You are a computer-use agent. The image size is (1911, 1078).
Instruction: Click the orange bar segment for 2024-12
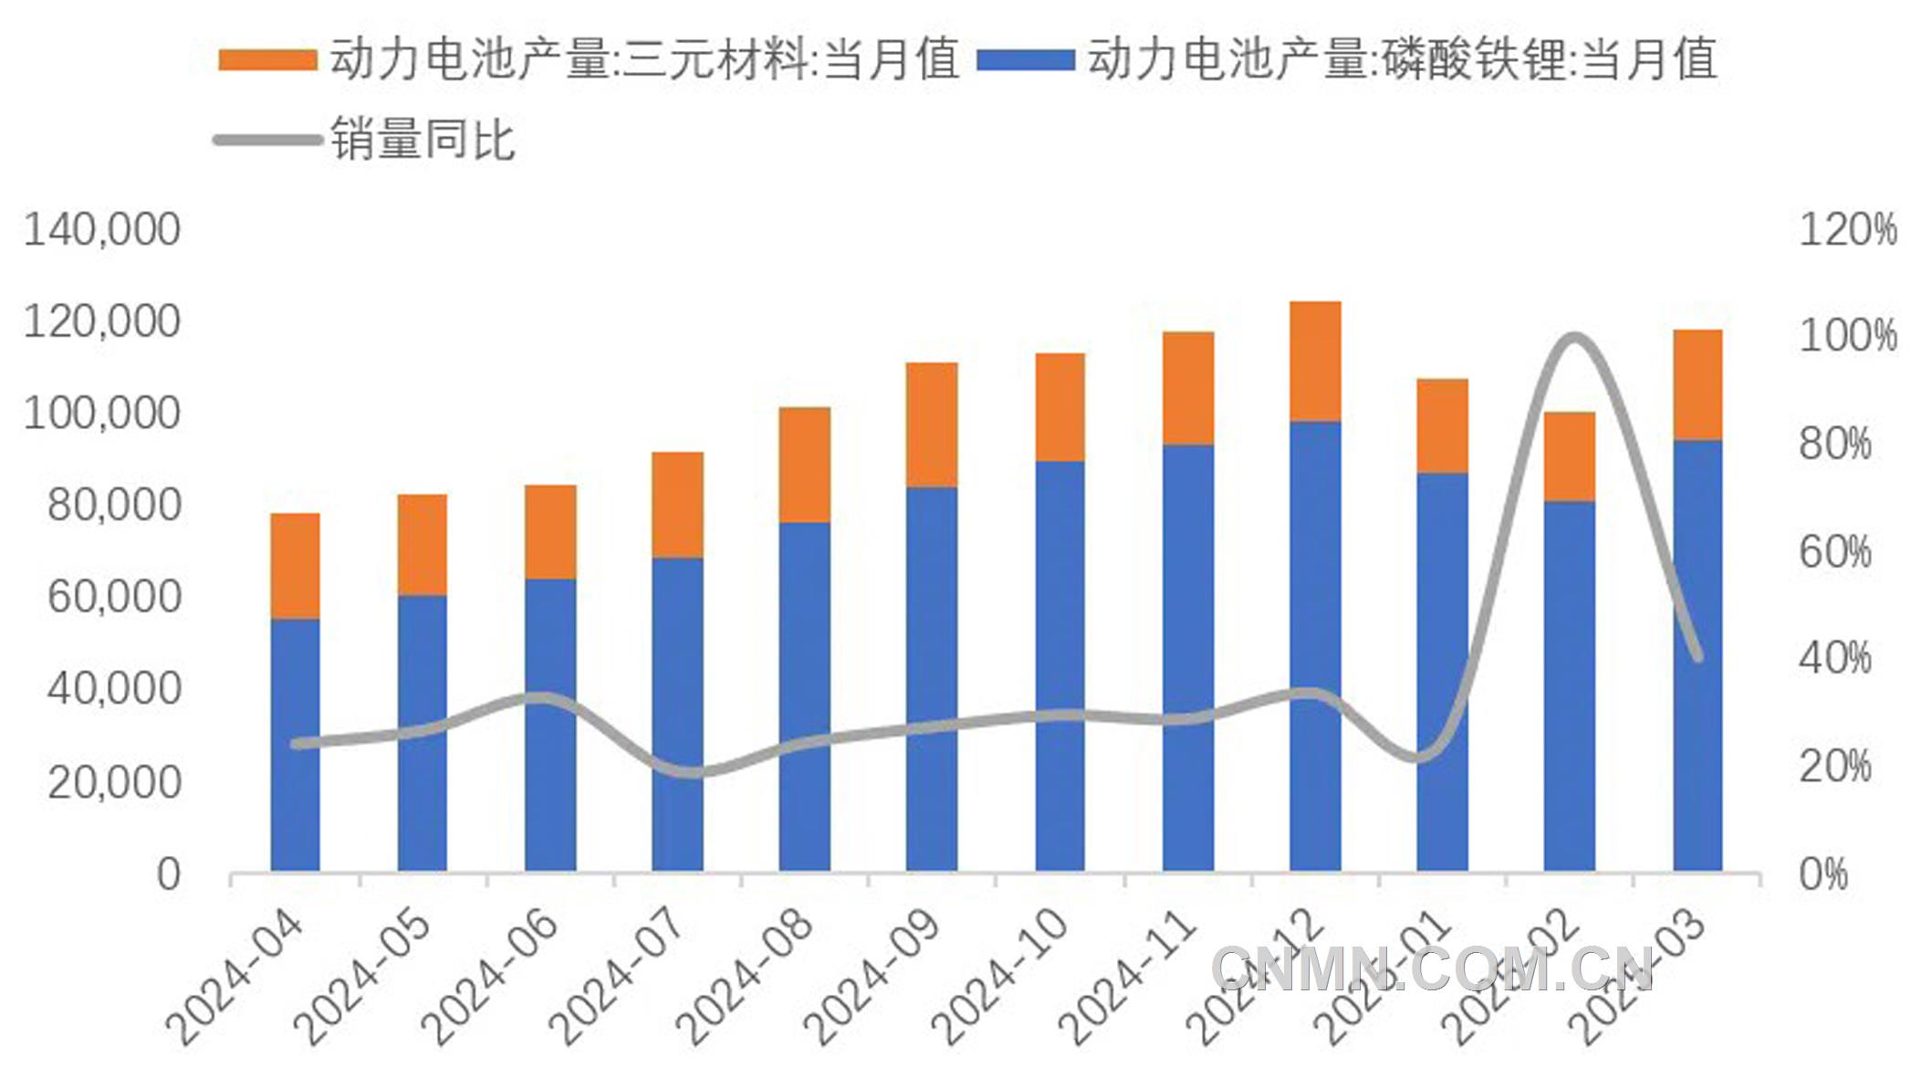tap(1315, 361)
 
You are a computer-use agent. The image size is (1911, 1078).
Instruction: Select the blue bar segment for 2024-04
tap(295, 744)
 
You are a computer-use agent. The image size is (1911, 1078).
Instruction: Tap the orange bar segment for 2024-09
tap(932, 424)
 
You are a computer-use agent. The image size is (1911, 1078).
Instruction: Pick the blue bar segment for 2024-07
tap(677, 712)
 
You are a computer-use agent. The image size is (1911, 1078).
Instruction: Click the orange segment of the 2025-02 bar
tap(1569, 456)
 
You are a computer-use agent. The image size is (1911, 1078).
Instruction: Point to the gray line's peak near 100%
tap(1572, 339)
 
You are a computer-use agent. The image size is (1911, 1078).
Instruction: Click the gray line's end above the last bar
tap(1697, 655)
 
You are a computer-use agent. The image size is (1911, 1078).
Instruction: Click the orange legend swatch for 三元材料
tap(266, 60)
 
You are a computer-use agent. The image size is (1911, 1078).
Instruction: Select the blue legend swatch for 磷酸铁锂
tap(1025, 60)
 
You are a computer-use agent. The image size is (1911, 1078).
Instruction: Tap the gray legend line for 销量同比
tap(266, 141)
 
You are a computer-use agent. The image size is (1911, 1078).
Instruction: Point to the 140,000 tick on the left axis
tap(102, 230)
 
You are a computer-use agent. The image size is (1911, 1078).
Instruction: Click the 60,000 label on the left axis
tap(114, 597)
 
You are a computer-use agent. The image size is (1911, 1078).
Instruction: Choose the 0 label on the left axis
tap(168, 874)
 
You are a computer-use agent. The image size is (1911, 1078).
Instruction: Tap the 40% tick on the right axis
tap(1834, 658)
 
